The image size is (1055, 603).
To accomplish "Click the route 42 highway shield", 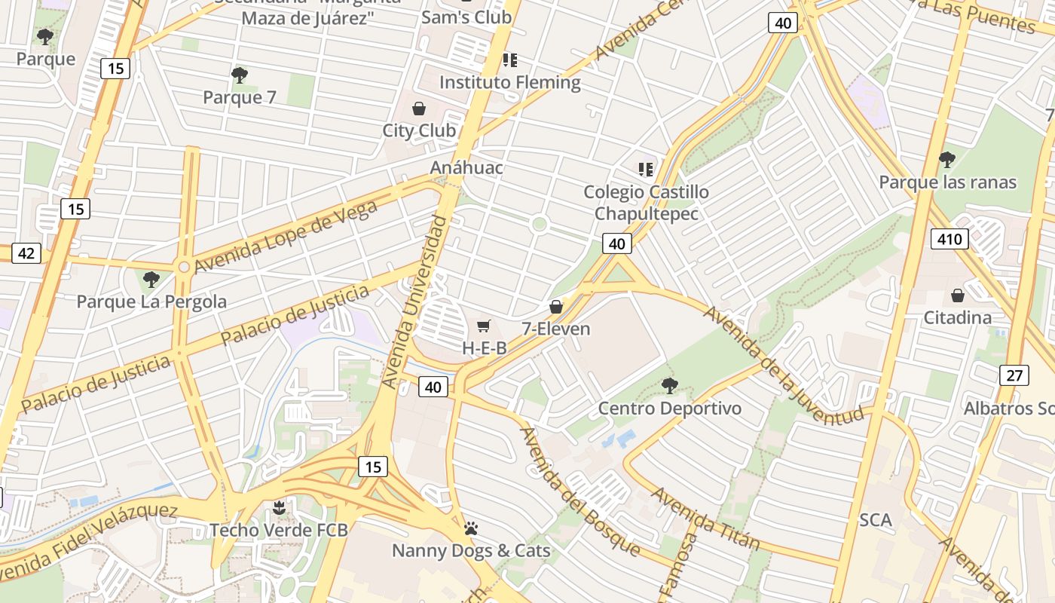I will pyautogui.click(x=26, y=253).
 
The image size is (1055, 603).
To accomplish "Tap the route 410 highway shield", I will pyautogui.click(x=949, y=240).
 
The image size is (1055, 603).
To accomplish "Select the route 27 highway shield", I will pyautogui.click(x=1014, y=375).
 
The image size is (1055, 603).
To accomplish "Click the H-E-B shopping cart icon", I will pyautogui.click(x=484, y=326).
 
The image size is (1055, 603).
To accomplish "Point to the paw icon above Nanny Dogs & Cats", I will pyautogui.click(x=471, y=528).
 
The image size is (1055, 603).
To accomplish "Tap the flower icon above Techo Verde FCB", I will pyautogui.click(x=279, y=508).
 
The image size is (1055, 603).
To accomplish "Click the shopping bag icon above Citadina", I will pyautogui.click(x=957, y=295).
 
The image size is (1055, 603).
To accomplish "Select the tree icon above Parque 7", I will pyautogui.click(x=240, y=75).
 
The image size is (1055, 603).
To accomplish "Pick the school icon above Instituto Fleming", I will pyautogui.click(x=510, y=60).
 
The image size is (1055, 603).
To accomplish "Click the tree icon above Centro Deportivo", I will pyautogui.click(x=668, y=386).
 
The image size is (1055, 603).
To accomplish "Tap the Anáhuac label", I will pyautogui.click(x=466, y=167).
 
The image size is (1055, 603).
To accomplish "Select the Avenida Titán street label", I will pyautogui.click(x=705, y=519).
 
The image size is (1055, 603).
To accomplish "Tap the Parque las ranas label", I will pyautogui.click(x=947, y=182).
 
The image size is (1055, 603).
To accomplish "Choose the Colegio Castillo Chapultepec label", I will pyautogui.click(x=647, y=202).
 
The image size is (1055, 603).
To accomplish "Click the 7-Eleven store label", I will pyautogui.click(x=556, y=329).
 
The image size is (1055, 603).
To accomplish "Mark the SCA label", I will pyautogui.click(x=875, y=520).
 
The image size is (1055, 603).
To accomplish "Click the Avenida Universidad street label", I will pyautogui.click(x=415, y=301).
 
